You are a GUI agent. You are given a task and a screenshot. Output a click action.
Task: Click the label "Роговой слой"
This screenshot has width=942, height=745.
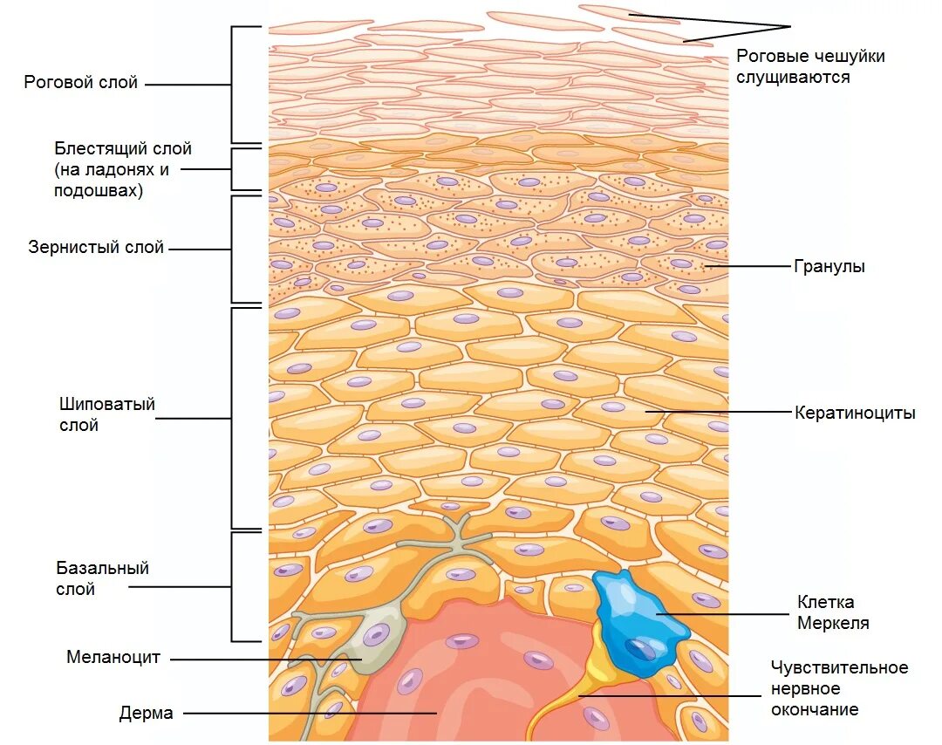point(81,83)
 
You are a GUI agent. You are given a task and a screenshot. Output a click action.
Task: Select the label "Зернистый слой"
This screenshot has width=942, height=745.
point(96,248)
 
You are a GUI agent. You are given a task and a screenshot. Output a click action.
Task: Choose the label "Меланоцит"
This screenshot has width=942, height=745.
point(113,658)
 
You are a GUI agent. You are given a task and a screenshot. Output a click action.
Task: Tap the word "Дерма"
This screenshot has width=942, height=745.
point(147,714)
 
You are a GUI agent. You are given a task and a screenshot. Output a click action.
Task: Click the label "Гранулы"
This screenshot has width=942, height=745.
point(829,267)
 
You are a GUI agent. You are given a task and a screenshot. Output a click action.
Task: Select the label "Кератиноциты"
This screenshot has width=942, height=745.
point(855,414)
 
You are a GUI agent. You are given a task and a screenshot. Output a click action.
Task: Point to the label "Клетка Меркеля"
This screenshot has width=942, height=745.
point(833,612)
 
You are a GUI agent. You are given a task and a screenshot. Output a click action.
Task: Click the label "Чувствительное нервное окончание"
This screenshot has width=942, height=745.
point(839,688)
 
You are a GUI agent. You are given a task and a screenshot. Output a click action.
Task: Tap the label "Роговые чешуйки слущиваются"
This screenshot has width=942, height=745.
point(810,66)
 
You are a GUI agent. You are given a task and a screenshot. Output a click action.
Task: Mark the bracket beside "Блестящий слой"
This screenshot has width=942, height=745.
point(234,169)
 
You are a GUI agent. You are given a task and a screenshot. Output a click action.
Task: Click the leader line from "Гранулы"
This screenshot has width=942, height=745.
point(746,266)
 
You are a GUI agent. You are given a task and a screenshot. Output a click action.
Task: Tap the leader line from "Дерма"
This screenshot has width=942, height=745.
point(305,714)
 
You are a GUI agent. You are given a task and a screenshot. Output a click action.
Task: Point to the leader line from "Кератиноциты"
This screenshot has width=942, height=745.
point(715,412)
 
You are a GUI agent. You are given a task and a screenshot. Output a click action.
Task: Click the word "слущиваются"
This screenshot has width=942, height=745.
point(793,77)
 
